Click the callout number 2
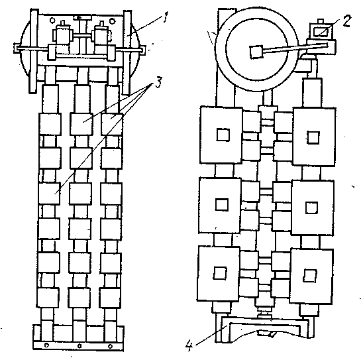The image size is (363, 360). pyautogui.click(x=346, y=21)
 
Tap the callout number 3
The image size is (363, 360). pyautogui.click(x=159, y=82)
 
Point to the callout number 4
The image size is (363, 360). pyautogui.click(x=189, y=345)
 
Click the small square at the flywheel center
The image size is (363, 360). pyautogui.click(x=256, y=52)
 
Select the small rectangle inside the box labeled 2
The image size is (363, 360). pyautogui.click(x=321, y=32)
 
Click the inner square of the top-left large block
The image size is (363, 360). pyautogui.click(x=223, y=135)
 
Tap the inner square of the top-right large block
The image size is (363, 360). pyautogui.click(x=313, y=137)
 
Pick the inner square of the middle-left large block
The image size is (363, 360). pyautogui.click(x=222, y=205)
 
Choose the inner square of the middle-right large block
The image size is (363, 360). pyautogui.click(x=311, y=208)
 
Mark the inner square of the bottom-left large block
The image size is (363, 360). pyautogui.click(x=220, y=273)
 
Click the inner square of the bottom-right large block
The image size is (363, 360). pyautogui.click(x=310, y=276)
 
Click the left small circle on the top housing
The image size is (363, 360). pyautogui.click(x=52, y=21)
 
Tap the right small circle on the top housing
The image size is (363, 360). pyautogui.click(x=113, y=21)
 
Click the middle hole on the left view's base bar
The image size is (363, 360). pyautogui.click(x=79, y=346)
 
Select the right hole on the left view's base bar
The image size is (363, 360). pyautogui.click(x=110, y=346)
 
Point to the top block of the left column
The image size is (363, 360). pyautogui.click(x=50, y=124)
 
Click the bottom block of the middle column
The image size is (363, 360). pyautogui.click(x=79, y=298)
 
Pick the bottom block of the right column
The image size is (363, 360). pyautogui.click(x=110, y=298)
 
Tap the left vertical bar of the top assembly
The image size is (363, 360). pyautogui.click(x=34, y=51)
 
